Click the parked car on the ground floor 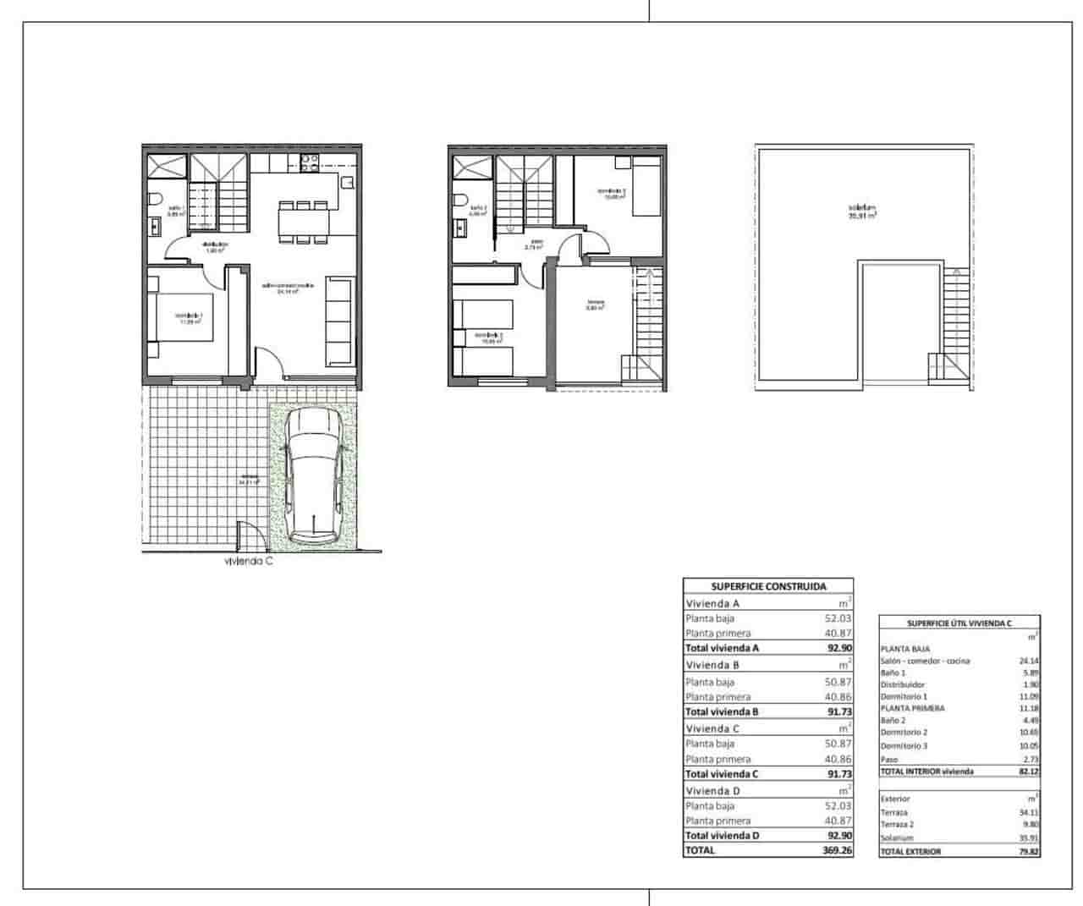[x=312, y=476]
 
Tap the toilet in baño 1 [x=156, y=200]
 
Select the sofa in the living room [x=339, y=321]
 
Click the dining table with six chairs [x=304, y=222]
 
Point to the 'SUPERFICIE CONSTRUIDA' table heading [x=768, y=585]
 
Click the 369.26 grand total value [x=833, y=850]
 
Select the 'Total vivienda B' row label [x=722, y=711]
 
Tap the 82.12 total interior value [x=1027, y=771]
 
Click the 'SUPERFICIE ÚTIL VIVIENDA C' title [x=959, y=623]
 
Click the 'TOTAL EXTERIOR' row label [x=910, y=852]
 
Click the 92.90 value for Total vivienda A [x=839, y=648]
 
